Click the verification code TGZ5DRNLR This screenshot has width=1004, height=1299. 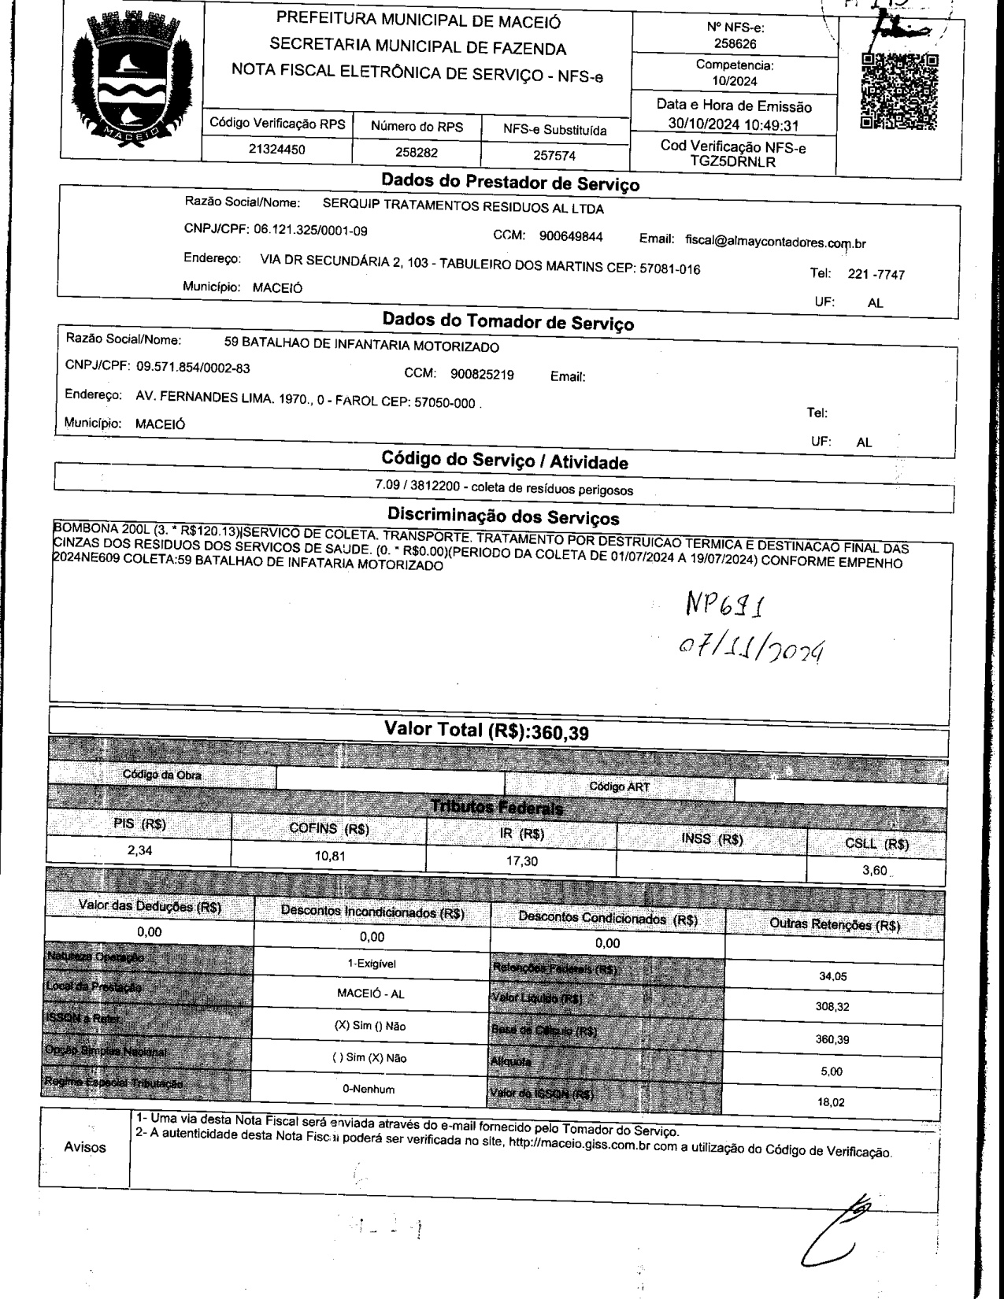[x=732, y=162]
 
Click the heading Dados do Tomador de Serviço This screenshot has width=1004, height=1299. [x=508, y=322]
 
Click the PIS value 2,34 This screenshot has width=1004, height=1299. [x=140, y=849]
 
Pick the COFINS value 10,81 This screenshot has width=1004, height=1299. [x=329, y=855]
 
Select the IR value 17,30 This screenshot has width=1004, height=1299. [x=521, y=861]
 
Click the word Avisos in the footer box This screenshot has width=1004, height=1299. [x=84, y=1146]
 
